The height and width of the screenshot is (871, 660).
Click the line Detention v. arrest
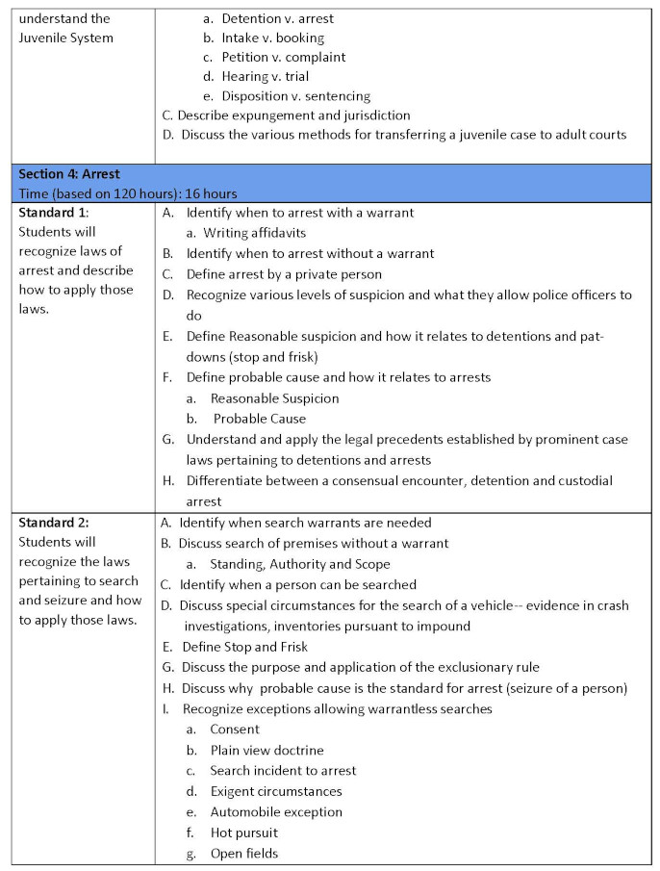click(x=277, y=18)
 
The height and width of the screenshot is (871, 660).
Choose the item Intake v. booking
click(x=272, y=38)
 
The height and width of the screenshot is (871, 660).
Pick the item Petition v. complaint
click(x=283, y=57)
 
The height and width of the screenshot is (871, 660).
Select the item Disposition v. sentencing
click(x=295, y=96)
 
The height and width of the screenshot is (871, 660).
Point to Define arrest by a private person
click(x=284, y=274)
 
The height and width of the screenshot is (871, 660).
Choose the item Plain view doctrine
click(x=267, y=750)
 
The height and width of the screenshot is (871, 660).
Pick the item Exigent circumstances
click(x=276, y=791)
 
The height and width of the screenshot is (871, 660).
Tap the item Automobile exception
click(x=276, y=811)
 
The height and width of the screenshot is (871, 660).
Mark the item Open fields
click(x=244, y=853)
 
